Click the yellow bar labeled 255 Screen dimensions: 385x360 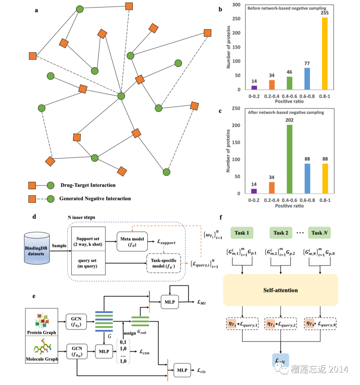[324, 53]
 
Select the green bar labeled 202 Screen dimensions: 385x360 [289, 159]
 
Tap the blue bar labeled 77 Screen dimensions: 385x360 [307, 79]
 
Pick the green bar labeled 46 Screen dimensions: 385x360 [289, 83]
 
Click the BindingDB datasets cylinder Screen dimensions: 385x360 [37, 248]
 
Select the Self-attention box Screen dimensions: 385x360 [280, 290]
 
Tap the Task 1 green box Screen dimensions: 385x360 [242, 233]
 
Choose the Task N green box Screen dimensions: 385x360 [319, 233]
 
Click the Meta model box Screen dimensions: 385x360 [132, 242]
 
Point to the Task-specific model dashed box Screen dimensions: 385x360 [163, 263]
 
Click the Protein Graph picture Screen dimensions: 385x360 [42, 320]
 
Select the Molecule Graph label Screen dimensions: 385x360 [42, 359]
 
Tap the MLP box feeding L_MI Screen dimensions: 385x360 [170, 302]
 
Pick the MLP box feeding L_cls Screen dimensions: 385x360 [182, 370]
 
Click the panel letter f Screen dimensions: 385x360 [221, 218]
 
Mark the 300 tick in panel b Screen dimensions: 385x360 [236, 5]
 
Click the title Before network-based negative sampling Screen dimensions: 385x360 [287, 8]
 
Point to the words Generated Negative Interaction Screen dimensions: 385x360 [95, 199]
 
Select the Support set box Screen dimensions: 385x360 [88, 241]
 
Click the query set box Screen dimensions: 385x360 [88, 263]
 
